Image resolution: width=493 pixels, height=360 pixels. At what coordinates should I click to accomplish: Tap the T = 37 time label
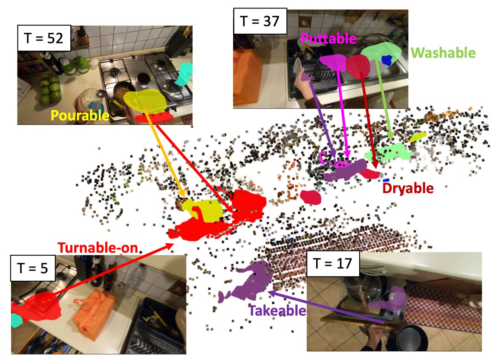259,20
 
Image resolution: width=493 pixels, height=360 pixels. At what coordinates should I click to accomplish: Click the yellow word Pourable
80,115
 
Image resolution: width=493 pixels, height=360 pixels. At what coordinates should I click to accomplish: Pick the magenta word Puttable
328,39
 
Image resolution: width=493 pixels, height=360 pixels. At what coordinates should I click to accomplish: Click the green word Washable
443,53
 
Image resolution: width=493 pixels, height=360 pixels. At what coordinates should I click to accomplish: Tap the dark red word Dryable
408,188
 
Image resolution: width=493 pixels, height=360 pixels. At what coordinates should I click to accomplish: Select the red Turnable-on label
98,248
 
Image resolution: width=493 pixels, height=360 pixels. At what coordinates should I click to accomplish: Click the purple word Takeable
277,311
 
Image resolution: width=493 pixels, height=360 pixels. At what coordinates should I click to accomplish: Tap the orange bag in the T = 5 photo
94,313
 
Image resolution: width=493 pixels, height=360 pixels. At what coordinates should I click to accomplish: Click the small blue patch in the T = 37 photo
387,60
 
